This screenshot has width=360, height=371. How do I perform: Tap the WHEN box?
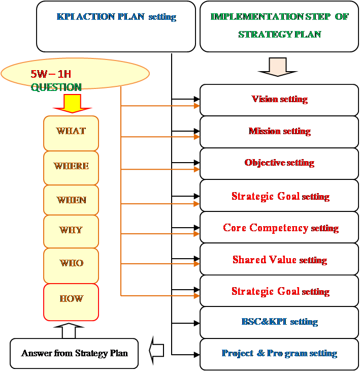tap(71, 200)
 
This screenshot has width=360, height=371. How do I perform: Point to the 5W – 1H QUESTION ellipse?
tap(76, 74)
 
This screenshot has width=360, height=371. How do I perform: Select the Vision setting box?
tap(279, 99)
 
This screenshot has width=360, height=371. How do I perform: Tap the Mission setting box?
tap(279, 131)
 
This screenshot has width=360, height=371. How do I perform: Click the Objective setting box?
tap(279, 163)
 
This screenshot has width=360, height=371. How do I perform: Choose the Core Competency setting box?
tap(279, 228)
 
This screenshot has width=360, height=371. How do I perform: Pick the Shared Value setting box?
tap(279, 260)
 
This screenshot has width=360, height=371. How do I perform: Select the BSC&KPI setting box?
tap(279, 322)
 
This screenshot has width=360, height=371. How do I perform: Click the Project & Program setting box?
tap(279, 354)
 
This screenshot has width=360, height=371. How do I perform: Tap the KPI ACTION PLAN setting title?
tap(116, 17)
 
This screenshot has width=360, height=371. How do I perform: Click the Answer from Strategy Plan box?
tap(74, 353)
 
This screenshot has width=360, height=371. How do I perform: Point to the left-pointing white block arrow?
tap(156, 351)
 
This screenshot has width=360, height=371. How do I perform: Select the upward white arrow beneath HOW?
tap(72, 330)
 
